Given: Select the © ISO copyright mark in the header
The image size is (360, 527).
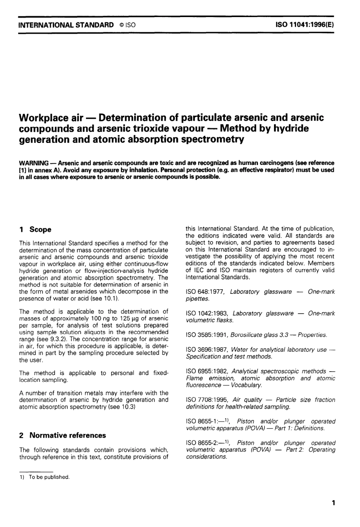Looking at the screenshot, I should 127,25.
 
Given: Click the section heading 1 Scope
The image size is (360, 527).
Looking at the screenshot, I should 35,229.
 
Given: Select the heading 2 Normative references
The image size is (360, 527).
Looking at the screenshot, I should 63,435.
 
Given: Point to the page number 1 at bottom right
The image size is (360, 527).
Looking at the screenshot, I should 333,503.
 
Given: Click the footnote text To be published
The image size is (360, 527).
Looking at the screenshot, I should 49,477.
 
